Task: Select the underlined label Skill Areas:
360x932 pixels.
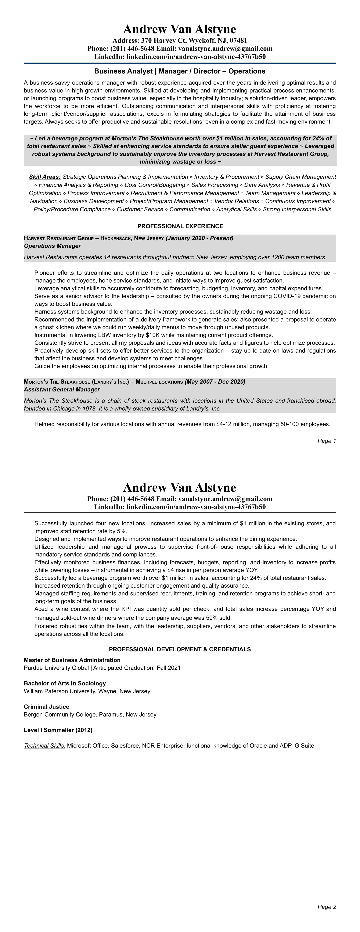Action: (44, 177)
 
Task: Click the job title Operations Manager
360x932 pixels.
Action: (52, 246)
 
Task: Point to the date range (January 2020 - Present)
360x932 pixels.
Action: (199, 238)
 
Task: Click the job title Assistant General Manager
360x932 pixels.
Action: (61, 390)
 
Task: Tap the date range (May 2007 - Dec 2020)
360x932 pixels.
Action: (215, 382)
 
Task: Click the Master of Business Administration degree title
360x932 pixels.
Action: (72, 660)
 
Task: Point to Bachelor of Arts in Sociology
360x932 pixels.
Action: (65, 684)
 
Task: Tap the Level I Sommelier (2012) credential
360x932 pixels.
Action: (58, 730)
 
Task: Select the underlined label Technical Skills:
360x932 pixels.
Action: (44, 746)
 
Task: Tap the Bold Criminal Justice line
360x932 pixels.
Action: (46, 707)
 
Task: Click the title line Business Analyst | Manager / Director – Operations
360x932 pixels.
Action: (180, 71)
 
